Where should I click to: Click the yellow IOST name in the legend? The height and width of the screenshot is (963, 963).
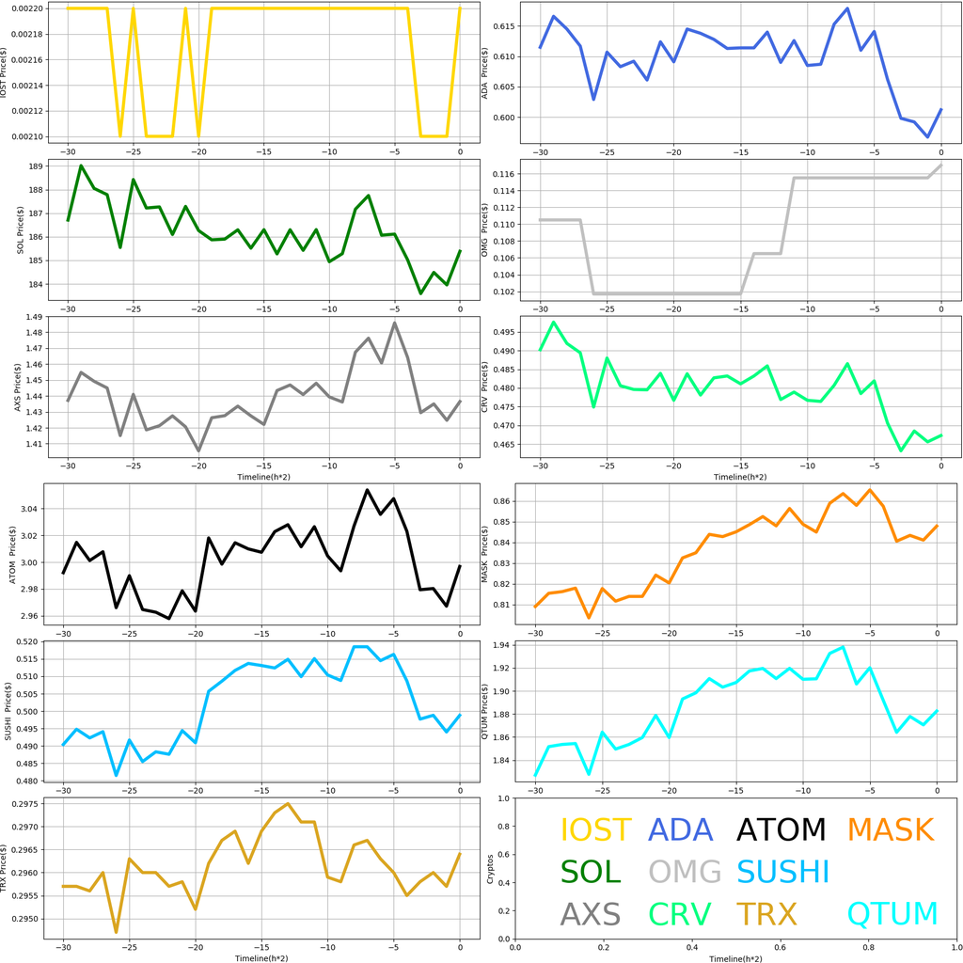(595, 829)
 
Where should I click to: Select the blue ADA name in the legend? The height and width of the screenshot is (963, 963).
(681, 829)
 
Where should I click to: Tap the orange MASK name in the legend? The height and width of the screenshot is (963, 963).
(890, 829)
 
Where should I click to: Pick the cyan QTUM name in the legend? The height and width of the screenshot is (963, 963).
(892, 913)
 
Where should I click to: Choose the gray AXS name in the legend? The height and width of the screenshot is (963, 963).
(590, 913)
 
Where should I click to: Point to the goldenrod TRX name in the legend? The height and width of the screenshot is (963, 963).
(766, 913)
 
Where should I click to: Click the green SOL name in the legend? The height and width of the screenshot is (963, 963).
(591, 872)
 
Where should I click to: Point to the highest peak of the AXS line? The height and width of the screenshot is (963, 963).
(395, 323)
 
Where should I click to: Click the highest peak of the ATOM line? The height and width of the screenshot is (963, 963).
(367, 490)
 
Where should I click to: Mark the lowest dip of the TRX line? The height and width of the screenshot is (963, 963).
(116, 932)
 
